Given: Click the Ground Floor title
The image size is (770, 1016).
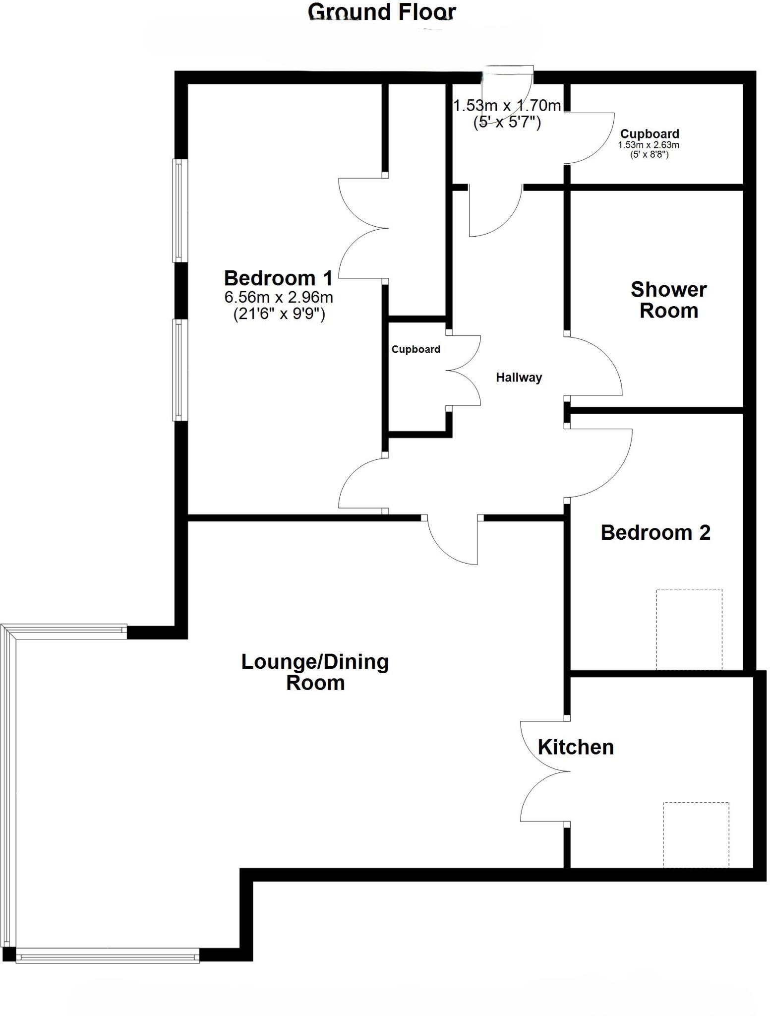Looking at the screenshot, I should coord(381,11).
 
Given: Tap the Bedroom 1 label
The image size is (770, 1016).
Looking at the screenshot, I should coord(278,278).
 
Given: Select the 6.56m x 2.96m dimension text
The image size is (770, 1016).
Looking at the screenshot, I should coord(279,297).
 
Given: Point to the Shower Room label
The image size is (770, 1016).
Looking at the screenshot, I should coord(668,300).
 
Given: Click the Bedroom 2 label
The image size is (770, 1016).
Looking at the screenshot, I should coord(655,532).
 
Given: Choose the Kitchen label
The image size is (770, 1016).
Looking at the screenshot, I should coord(576,747).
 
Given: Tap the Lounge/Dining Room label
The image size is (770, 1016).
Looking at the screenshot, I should coord(315,672).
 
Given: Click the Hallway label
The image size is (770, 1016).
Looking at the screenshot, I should coord(519,378).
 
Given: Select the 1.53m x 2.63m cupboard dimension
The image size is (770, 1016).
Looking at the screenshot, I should coord(649,145).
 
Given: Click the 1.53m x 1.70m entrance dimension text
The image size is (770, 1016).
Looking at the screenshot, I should coord(507,106).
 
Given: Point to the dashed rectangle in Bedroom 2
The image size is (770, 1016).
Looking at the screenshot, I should coord(689,629).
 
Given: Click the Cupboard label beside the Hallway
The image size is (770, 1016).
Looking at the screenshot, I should coord(415,349).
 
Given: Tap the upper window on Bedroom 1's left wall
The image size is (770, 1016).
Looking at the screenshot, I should coord(180,210).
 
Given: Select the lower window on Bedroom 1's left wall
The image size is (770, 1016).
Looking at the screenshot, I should coord(180,370).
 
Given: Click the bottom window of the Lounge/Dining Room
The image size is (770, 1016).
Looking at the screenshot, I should coord(108,955).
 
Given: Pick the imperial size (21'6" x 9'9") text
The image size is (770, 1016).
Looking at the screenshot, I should coord(279,314).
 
